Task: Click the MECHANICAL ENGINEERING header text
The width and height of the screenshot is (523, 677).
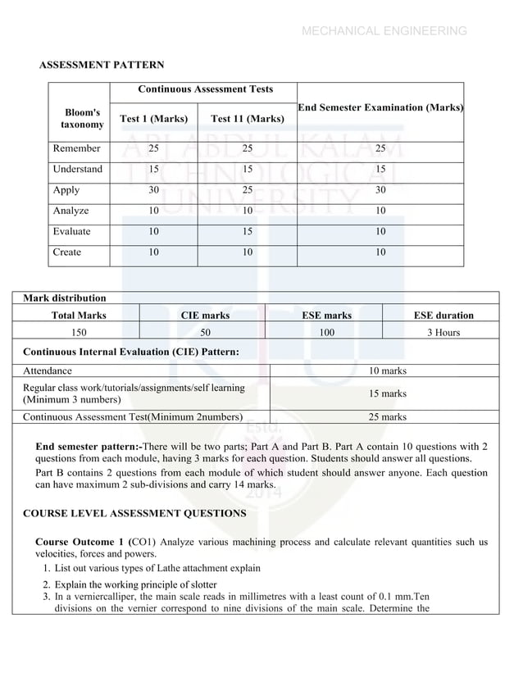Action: (x=384, y=31)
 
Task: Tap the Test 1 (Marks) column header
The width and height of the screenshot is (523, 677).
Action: (x=154, y=119)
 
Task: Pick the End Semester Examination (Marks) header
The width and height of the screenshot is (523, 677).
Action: (x=380, y=107)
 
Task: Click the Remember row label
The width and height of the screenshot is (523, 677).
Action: (x=77, y=148)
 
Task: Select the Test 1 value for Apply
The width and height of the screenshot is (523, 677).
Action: (x=154, y=190)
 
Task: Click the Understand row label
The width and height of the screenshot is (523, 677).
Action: (x=78, y=169)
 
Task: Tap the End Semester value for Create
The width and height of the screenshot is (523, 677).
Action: (x=380, y=252)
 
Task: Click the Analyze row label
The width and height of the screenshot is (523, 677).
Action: (x=71, y=211)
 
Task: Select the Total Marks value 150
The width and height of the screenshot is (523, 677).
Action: (x=79, y=332)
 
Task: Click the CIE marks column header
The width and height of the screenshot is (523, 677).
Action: (x=205, y=315)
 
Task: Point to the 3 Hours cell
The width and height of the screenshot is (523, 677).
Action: (x=443, y=332)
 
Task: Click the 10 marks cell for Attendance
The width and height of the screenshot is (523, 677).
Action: (x=388, y=370)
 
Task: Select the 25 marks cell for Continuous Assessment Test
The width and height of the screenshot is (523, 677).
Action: (x=388, y=416)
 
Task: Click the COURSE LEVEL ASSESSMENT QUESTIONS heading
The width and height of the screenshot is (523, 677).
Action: (x=134, y=513)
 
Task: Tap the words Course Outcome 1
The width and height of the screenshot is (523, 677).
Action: (x=80, y=542)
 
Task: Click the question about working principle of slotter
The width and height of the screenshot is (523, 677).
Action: (x=135, y=584)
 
